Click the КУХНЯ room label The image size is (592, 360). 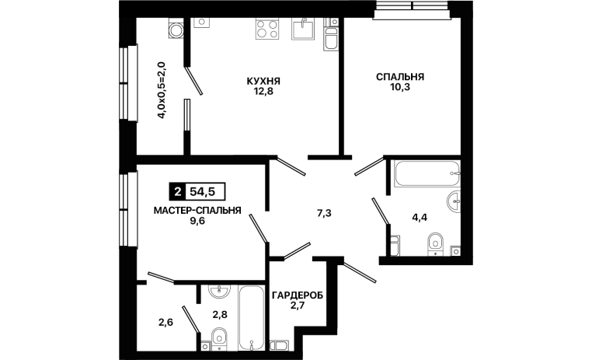pyautogui.click(x=263, y=81)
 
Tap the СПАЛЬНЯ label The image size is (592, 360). pyautogui.click(x=400, y=77)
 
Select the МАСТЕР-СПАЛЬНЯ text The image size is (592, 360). pyautogui.click(x=197, y=211)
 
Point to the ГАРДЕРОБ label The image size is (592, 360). pyautogui.click(x=298, y=295)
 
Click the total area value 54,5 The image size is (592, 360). pyautogui.click(x=202, y=192)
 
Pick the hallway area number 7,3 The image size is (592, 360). pyautogui.click(x=324, y=213)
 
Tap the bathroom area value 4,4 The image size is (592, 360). pyautogui.click(x=420, y=217)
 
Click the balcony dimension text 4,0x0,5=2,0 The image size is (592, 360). pyautogui.click(x=162, y=90)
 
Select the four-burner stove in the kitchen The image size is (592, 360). pyautogui.click(x=267, y=29)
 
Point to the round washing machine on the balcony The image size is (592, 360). pyautogui.click(x=176, y=30)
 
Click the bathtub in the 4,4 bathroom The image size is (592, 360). pyautogui.click(x=427, y=173)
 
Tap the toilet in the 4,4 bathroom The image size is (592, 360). pyautogui.click(x=436, y=243)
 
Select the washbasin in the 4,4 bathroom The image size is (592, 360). pyautogui.click(x=454, y=201)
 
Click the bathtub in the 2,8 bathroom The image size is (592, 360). pyautogui.click(x=251, y=318)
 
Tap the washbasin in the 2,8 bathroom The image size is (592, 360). pyautogui.click(x=219, y=290)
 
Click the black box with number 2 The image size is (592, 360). pyautogui.click(x=177, y=192)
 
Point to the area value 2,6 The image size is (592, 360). pyautogui.click(x=165, y=323)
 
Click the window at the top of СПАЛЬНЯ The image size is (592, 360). pyautogui.click(x=413, y=9)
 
